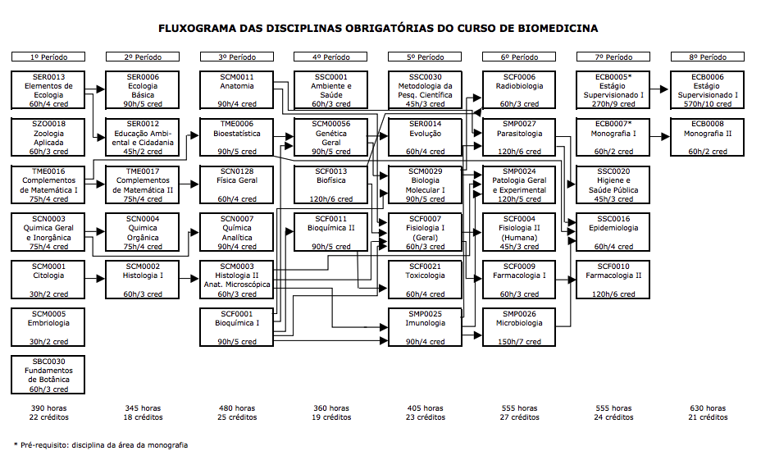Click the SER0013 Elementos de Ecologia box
48,90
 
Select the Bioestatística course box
236,138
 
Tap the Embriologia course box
48,327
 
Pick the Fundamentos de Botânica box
48,375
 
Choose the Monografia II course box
708,138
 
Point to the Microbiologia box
519,327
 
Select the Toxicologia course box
425,280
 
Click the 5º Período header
425,57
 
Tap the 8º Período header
708,57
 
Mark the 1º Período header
48,57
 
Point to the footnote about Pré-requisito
101,445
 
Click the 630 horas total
708,408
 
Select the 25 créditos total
236,417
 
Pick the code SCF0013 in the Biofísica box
330,171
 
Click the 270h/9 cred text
613,104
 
